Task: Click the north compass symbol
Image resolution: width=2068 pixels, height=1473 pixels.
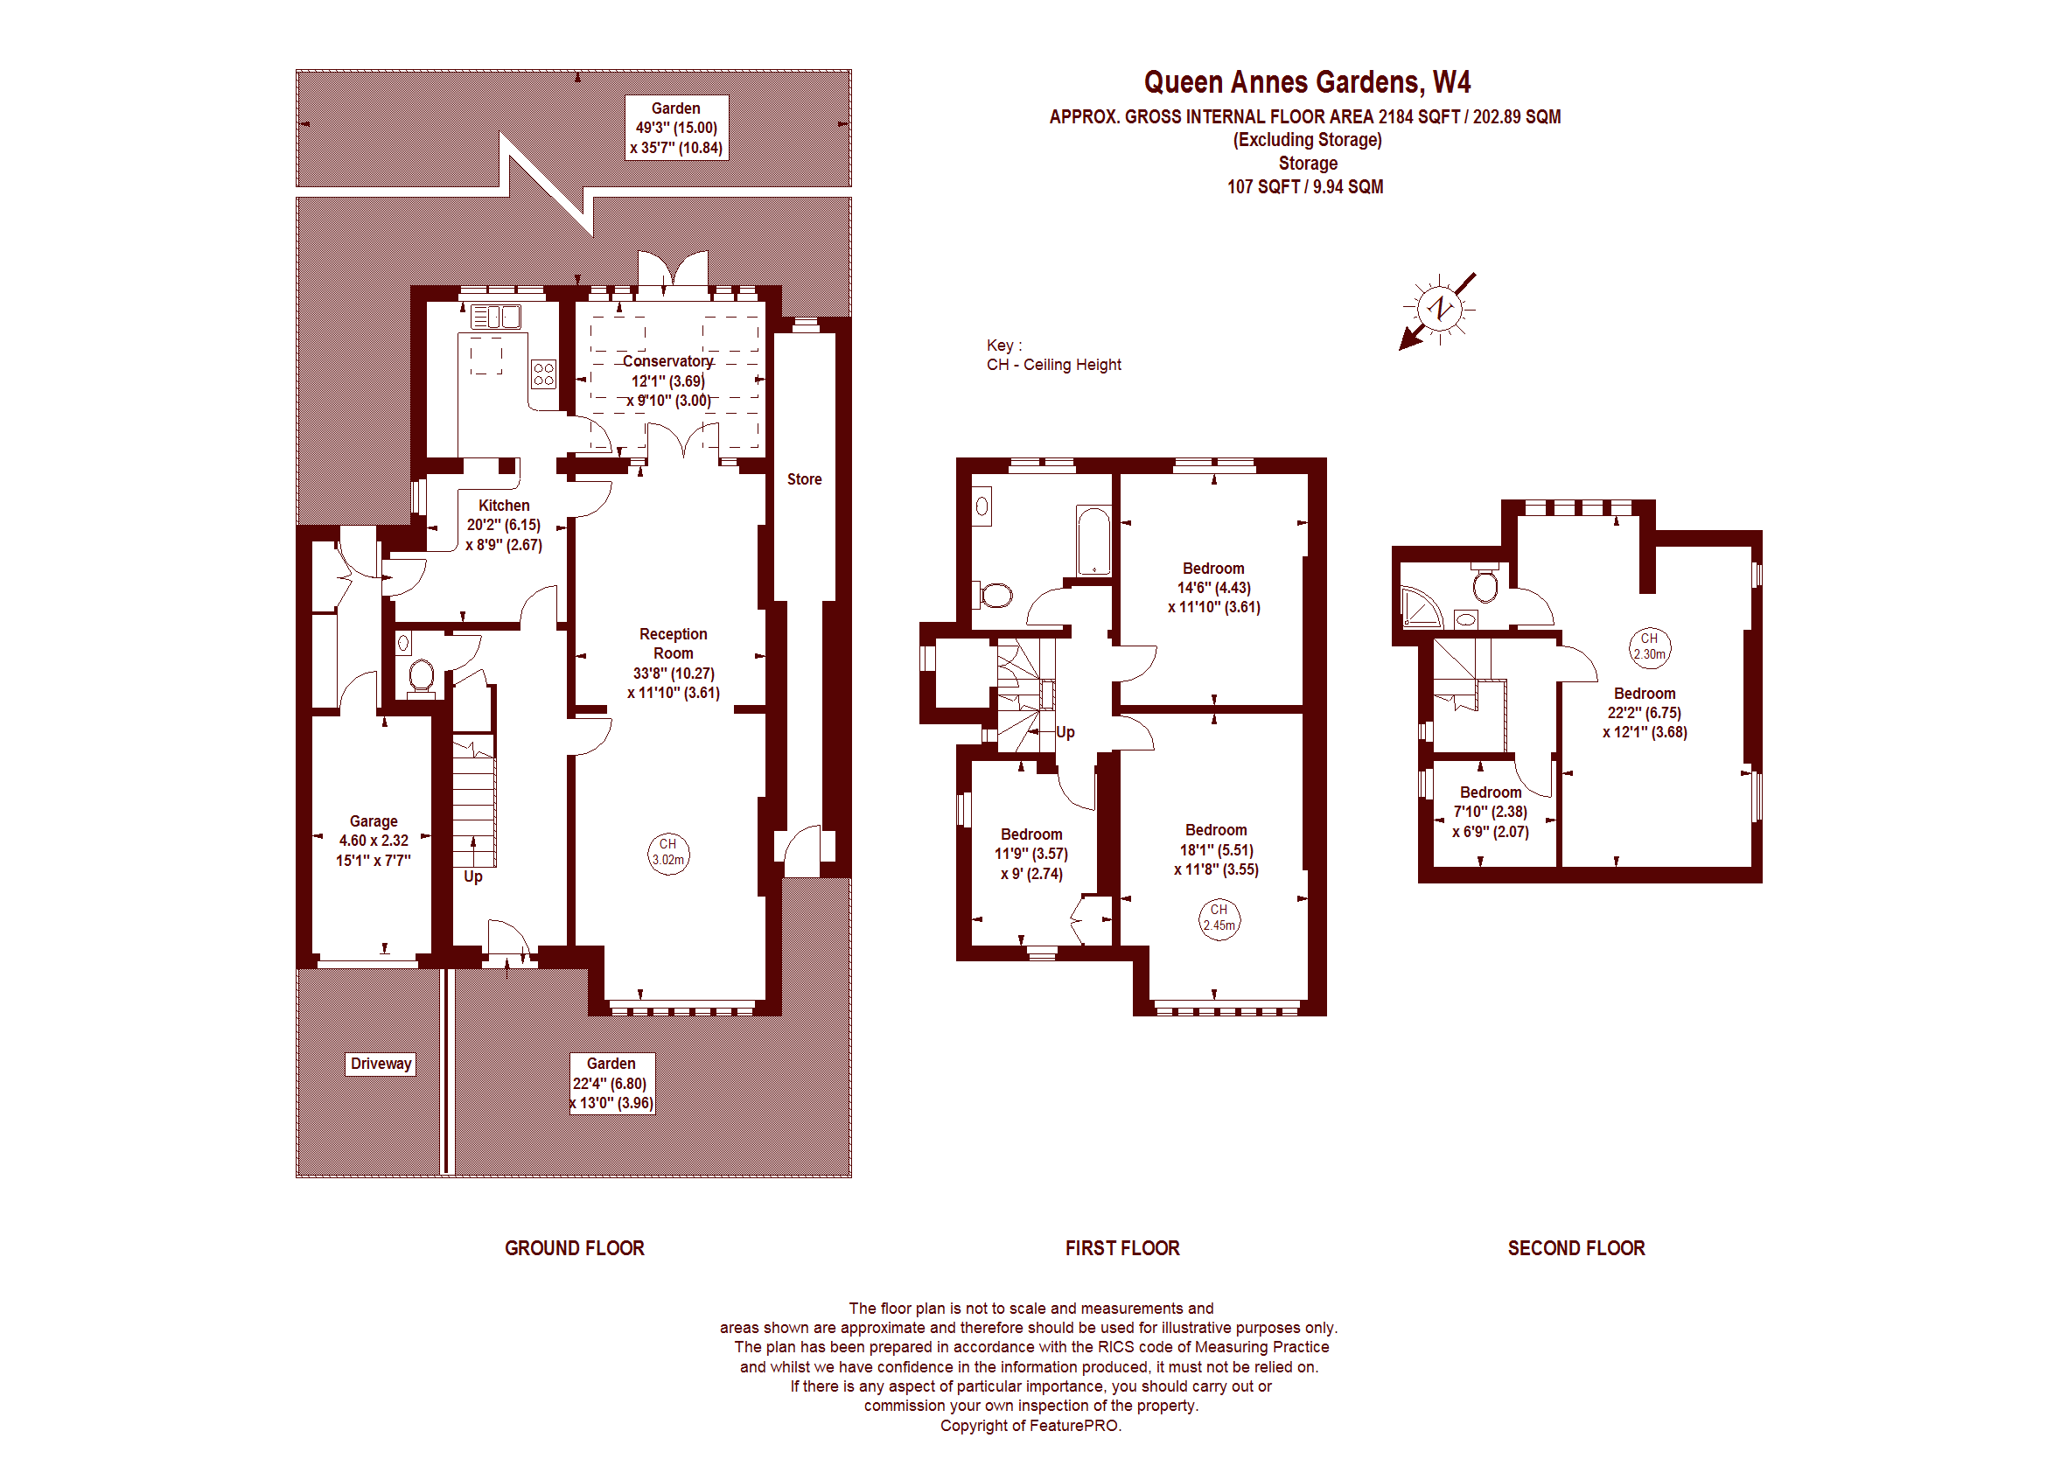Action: [x=1438, y=310]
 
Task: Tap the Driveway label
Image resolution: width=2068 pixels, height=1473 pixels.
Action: [x=381, y=1064]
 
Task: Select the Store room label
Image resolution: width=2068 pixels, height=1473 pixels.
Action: [x=805, y=479]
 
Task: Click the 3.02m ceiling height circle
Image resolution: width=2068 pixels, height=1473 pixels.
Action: [x=668, y=854]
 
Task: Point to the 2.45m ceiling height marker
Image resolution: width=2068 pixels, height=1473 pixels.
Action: [x=1219, y=918]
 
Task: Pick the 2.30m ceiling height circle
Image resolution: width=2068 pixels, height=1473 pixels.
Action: [x=1649, y=647]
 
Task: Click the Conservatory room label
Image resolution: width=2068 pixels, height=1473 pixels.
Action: [x=668, y=361]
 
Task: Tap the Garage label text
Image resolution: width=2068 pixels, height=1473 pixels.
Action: [x=374, y=820]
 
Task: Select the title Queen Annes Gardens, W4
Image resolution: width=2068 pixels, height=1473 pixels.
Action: [x=1307, y=82]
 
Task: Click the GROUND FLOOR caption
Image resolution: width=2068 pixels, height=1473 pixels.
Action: [x=574, y=1248]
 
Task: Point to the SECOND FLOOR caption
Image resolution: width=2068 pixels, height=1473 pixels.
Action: [x=1576, y=1248]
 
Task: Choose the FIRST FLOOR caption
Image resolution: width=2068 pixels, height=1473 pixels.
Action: [x=1123, y=1248]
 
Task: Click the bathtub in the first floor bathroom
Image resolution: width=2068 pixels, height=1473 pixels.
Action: [x=1093, y=541]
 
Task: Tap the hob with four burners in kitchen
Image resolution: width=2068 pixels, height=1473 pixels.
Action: [x=543, y=373]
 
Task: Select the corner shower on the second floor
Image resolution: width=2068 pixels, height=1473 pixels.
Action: [x=1421, y=607]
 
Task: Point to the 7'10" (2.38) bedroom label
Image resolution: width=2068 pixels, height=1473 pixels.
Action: [x=1492, y=812]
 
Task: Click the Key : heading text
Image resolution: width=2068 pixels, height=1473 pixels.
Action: [x=1004, y=346]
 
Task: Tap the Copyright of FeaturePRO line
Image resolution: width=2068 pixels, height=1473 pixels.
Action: [x=1031, y=1426]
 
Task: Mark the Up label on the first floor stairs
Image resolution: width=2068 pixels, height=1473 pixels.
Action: [x=1065, y=732]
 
